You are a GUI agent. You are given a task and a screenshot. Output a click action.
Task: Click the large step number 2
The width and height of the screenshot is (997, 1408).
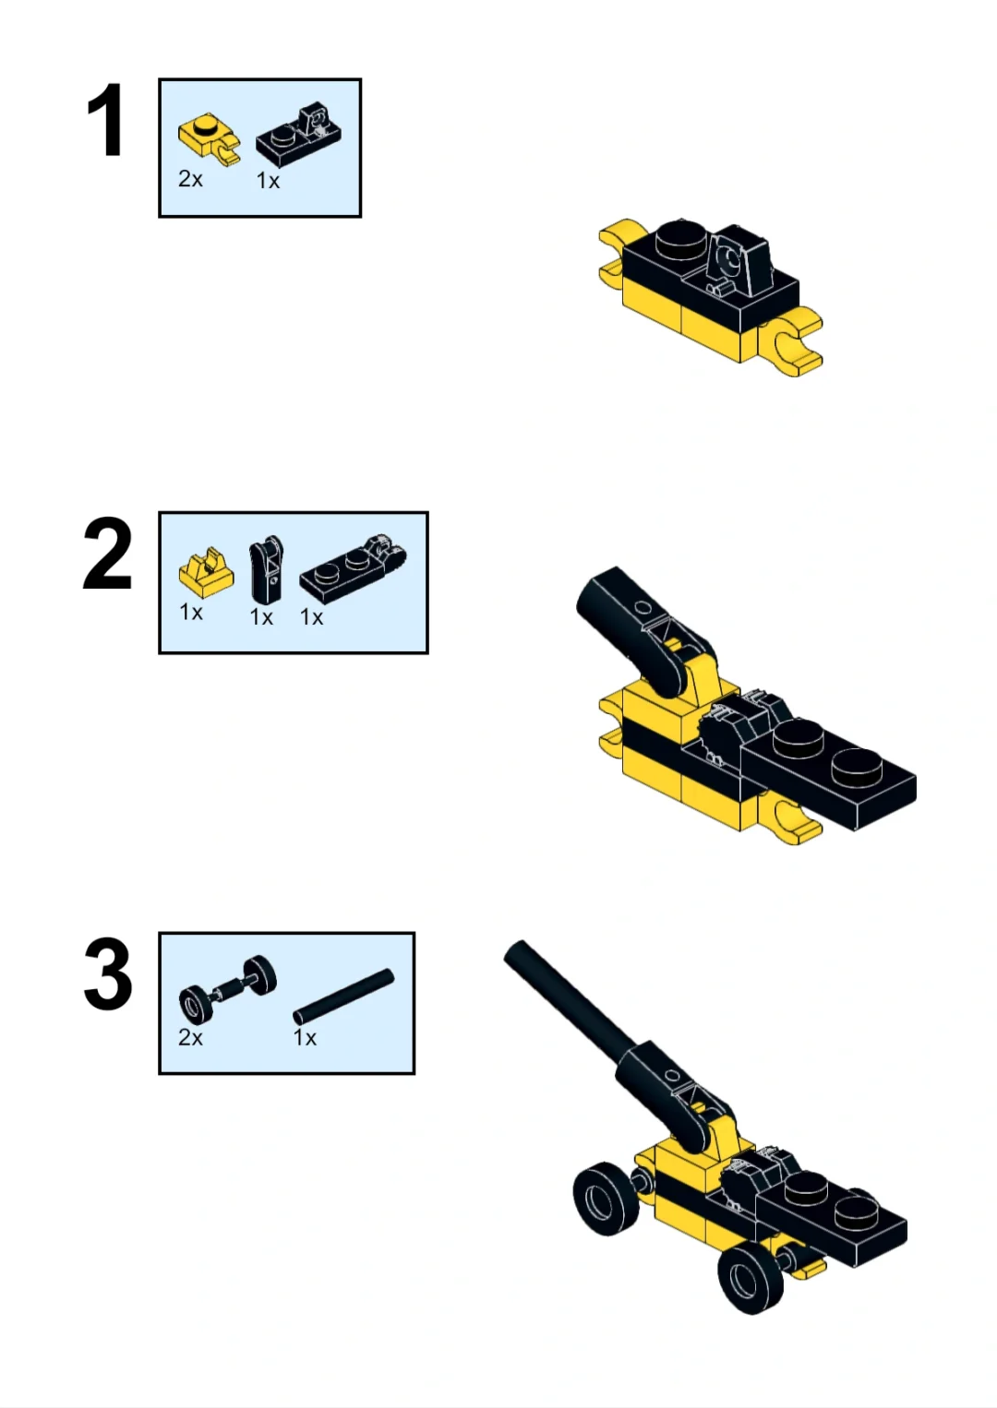[x=108, y=553]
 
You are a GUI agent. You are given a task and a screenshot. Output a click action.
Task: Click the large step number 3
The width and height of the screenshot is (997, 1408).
[x=108, y=973]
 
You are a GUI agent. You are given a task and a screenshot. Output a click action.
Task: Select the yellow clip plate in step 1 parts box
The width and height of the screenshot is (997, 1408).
[x=209, y=139]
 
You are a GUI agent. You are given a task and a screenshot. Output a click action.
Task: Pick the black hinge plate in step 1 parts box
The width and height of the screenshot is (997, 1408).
[x=299, y=134]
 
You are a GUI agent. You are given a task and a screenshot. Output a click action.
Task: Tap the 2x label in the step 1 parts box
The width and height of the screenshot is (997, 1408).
[x=190, y=179]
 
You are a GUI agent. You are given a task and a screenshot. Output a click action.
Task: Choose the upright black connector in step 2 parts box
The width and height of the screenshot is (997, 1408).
[x=267, y=568]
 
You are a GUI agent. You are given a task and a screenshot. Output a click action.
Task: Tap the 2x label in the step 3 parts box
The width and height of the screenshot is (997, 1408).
[x=190, y=1038]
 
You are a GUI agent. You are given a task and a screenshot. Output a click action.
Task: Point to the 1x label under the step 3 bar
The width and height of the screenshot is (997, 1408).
[x=305, y=1038]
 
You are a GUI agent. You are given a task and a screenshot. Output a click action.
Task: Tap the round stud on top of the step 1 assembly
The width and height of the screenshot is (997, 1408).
[x=682, y=238]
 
